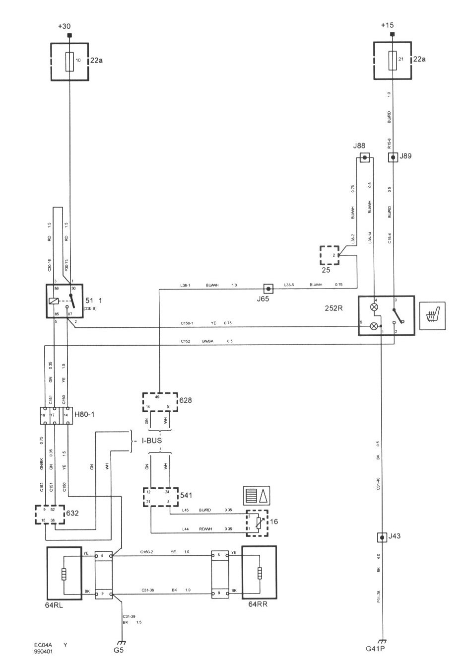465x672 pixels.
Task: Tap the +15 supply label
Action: pos(387,25)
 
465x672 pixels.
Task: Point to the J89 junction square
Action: pos(393,158)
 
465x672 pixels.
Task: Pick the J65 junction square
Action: pos(268,288)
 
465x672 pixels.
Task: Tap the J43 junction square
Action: pos(381,537)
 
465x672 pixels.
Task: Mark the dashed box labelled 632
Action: pos(50,515)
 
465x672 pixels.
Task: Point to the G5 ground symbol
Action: pos(122,642)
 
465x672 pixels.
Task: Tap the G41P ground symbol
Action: pos(382,642)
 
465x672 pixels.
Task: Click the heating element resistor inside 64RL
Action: pos(64,574)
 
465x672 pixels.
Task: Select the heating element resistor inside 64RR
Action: pos(259,574)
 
